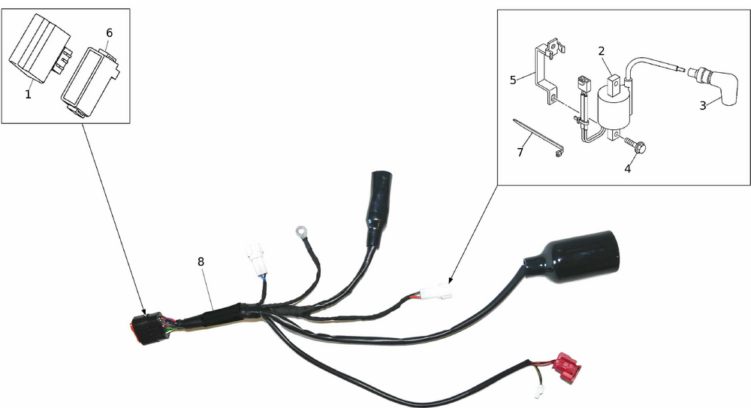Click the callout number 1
pyautogui.click(x=28, y=95)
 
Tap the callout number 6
pyautogui.click(x=109, y=33)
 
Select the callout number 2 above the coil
pyautogui.click(x=602, y=51)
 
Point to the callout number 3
pyautogui.click(x=703, y=105)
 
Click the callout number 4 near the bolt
pyautogui.click(x=627, y=169)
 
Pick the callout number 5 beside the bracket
pyautogui.click(x=513, y=80)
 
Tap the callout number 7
pyautogui.click(x=520, y=153)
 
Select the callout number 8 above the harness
pyautogui.click(x=201, y=261)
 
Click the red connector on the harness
pyautogui.click(x=566, y=367)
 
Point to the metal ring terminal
pyautogui.click(x=301, y=231)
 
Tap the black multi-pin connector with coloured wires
pyautogui.click(x=146, y=328)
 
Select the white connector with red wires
pyautogui.click(x=435, y=292)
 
